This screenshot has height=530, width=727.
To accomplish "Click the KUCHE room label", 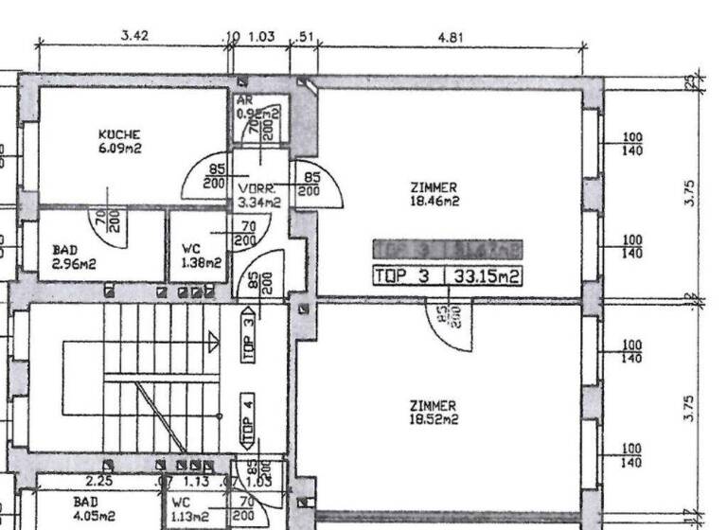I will (119, 134).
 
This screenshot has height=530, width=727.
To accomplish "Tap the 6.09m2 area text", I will (119, 149).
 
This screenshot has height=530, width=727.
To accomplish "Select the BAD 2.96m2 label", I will (73, 256).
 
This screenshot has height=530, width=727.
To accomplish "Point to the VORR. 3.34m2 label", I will (258, 195).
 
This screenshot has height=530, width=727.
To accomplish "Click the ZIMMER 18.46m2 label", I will (434, 194).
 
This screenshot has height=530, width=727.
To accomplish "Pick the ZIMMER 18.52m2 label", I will (433, 412).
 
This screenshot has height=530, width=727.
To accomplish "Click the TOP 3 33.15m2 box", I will (448, 276).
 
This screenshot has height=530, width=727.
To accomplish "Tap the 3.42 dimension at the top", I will (134, 36).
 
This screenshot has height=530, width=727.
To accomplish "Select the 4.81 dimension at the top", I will (451, 38).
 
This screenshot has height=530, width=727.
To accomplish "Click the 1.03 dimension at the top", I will (260, 37).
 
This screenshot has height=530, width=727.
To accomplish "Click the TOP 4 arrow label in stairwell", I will (248, 423).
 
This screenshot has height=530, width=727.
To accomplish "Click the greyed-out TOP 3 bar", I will (448, 249).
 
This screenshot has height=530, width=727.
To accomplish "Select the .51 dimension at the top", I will (304, 37).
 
